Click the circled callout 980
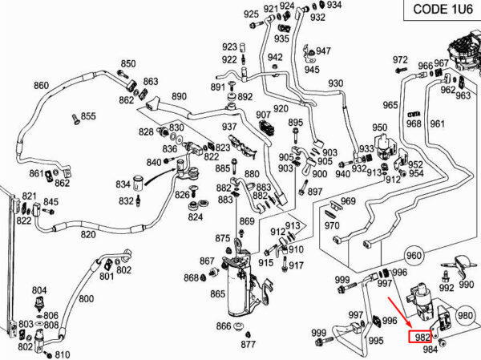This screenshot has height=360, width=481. tap(466, 317)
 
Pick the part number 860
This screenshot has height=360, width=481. tap(41, 86)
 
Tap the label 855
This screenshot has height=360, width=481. tap(87, 116)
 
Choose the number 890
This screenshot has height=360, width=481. tap(179, 96)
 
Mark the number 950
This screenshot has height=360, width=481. tap(380, 127)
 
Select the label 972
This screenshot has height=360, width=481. tap(400, 61)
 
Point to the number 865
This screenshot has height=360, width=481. tap(217, 294)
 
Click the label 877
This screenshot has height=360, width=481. tap(249, 344)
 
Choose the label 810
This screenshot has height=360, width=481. tap(63, 354)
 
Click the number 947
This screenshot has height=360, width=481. tap(323, 51)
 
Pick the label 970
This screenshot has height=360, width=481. tap(332, 225)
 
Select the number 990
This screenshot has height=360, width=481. tap(467, 286)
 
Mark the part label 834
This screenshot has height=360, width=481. tap(123, 184)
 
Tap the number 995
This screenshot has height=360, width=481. tap(375, 341)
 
